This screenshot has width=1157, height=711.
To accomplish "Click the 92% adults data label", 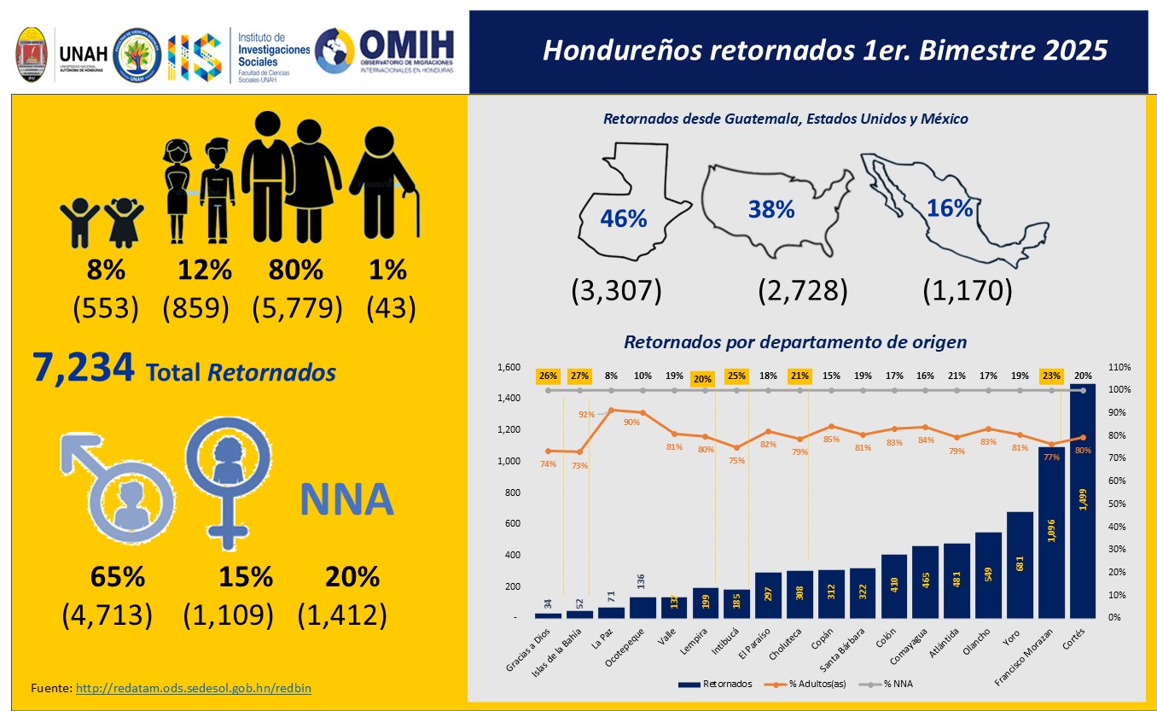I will point(586,415).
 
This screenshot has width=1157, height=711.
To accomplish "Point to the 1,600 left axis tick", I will point(509,367).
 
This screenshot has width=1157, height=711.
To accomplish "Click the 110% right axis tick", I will point(1119,367).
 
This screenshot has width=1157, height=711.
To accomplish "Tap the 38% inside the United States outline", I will point(771,209).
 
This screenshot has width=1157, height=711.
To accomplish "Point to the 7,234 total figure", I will point(84,368).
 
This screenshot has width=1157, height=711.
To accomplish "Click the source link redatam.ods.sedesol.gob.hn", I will point(193,687).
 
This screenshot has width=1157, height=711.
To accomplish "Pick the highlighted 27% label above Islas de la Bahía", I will point(579,376).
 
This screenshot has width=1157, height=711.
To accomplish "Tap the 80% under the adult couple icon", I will point(296,271).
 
